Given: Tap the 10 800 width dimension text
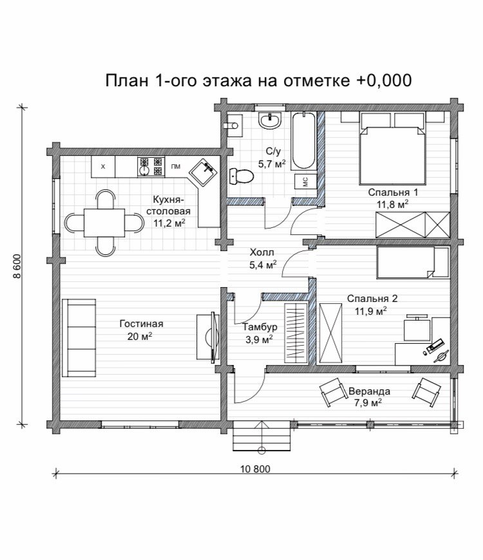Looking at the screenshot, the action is point(255,469).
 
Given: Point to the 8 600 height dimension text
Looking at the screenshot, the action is point(17,266).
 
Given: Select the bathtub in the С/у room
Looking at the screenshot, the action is point(303,140).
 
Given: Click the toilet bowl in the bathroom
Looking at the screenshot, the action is point(241,176).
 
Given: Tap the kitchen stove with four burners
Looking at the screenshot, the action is point(151,167).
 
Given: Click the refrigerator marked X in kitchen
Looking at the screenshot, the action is point(103,167).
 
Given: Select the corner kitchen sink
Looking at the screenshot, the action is point(203,172).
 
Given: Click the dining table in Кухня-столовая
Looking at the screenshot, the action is point(104,223).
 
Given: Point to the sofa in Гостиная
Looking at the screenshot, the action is point(79,338).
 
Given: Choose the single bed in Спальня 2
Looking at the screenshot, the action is point(413,263).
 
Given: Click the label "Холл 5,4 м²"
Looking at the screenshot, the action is point(263,259).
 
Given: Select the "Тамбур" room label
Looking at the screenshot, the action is point(260,327).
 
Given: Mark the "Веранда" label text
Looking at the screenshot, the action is point(370,391).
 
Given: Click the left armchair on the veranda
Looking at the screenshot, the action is point(333,391).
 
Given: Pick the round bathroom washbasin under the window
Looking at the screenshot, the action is point(270,121).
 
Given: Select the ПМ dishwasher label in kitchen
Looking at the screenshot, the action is point(175,167).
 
